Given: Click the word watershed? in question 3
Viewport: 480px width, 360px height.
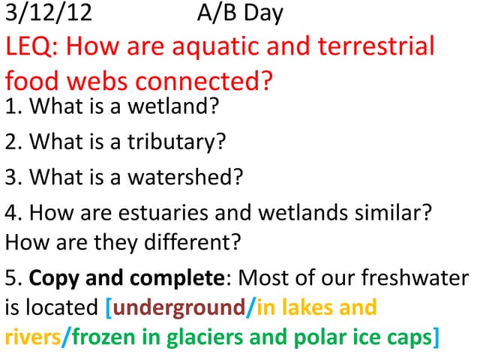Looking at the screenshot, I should coord(190,177).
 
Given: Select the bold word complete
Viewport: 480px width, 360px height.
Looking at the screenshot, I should coord(169,278).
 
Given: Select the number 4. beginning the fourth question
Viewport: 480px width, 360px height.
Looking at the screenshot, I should coord(13,213).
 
